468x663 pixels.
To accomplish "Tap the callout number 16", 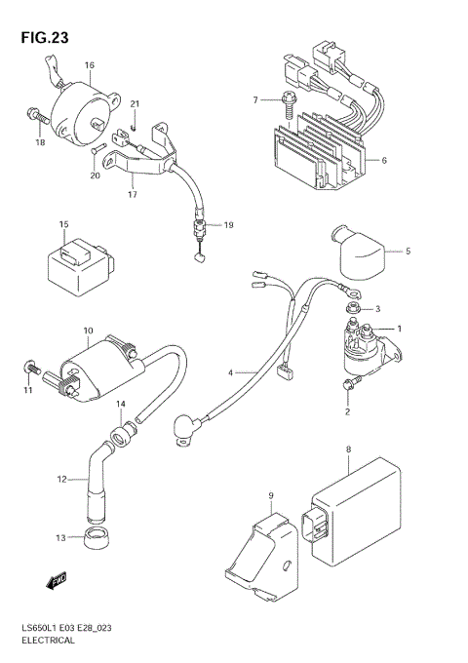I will (89, 65).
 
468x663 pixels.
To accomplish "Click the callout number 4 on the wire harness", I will (230, 372).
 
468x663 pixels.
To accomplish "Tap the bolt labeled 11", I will (29, 369).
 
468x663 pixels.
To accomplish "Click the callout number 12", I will (61, 480).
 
